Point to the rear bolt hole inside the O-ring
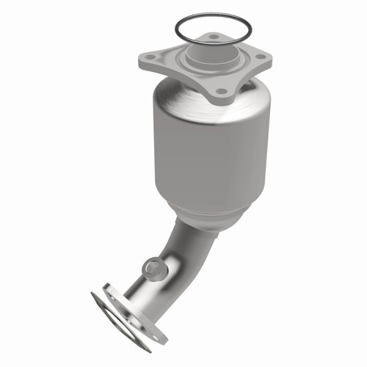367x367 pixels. click(x=212, y=36)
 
